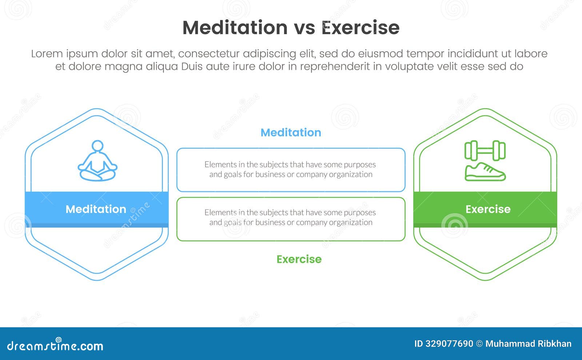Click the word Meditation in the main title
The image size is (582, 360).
pyautogui.click(x=235, y=28)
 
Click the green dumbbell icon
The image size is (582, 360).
pyautogui.click(x=485, y=151)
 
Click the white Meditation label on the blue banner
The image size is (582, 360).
pyautogui.click(x=96, y=209)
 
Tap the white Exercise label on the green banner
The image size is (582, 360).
pyautogui.click(x=488, y=209)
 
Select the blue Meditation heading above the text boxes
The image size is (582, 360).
pyautogui.click(x=291, y=132)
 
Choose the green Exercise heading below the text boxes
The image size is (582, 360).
pyautogui.click(x=299, y=259)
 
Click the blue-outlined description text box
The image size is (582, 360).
pyautogui.click(x=291, y=169)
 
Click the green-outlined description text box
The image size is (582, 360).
pyautogui.click(x=291, y=219)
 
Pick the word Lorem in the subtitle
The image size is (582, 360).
pyautogui.click(x=47, y=54)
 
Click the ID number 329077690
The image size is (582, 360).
pyautogui.click(x=449, y=344)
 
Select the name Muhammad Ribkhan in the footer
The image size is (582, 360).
pyautogui.click(x=528, y=344)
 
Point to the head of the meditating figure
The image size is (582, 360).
pyautogui.click(x=97, y=146)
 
